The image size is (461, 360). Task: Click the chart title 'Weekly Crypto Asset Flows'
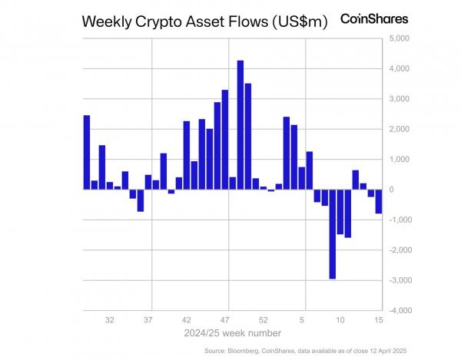pyautogui.click(x=173, y=22)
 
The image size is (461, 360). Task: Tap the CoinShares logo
pyautogui.click(x=374, y=18)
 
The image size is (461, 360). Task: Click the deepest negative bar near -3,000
pyautogui.click(x=332, y=233)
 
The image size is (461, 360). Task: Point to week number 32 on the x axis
pyautogui.click(x=110, y=319)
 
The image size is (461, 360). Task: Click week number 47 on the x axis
pyautogui.click(x=225, y=319)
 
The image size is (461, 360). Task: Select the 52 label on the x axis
pyautogui.click(x=264, y=319)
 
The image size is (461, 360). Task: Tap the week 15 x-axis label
pyautogui.click(x=379, y=319)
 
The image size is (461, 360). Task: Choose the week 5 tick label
pyautogui.click(x=303, y=319)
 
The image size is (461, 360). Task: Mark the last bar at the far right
pyautogui.click(x=379, y=201)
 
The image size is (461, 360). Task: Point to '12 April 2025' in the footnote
pyautogui.click(x=382, y=351)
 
